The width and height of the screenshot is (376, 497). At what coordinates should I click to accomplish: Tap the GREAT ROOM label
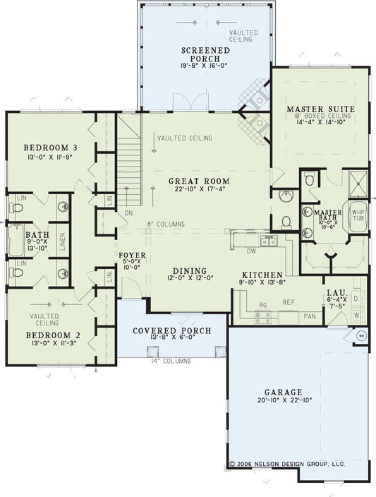[x=194, y=181]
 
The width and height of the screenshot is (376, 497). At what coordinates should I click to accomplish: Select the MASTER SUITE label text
[x=320, y=109]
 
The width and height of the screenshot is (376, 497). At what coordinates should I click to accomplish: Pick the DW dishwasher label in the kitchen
[x=252, y=249]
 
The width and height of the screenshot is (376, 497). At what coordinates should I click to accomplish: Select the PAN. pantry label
[x=310, y=316]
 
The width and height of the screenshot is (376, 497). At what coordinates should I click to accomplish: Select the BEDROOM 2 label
[x=48, y=335]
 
